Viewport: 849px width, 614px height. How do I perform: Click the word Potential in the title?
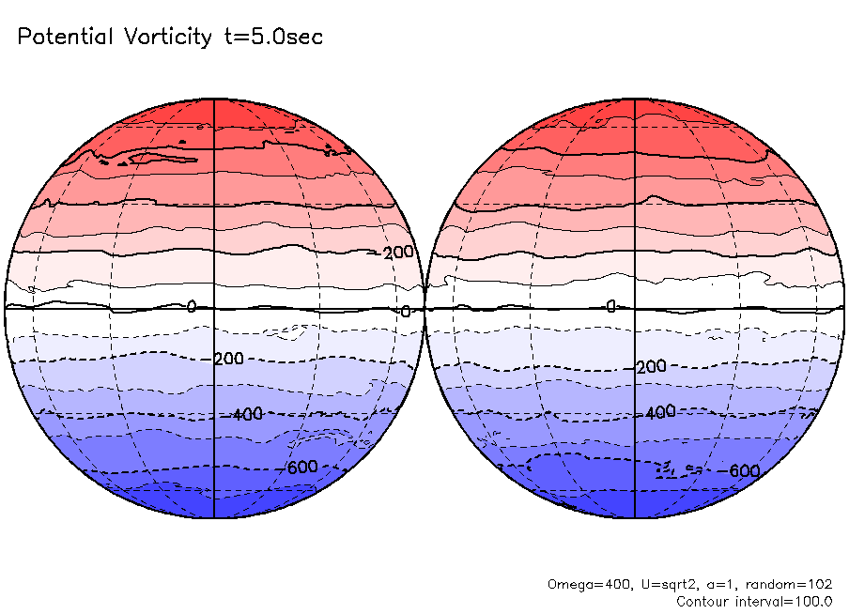(x=65, y=38)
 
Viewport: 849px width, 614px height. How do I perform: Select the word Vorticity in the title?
(x=166, y=38)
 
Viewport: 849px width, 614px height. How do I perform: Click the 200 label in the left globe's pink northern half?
(x=399, y=253)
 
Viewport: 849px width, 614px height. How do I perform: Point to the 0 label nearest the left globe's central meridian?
(x=192, y=307)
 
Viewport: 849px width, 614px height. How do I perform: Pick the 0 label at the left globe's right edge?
(x=406, y=312)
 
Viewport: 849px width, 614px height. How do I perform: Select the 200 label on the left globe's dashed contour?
(x=228, y=360)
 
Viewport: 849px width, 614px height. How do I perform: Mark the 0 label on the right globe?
(x=610, y=307)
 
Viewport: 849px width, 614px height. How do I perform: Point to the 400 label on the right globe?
(x=660, y=412)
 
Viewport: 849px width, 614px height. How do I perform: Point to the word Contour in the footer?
(x=703, y=601)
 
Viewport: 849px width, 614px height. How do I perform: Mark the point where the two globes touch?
(x=425, y=308)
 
